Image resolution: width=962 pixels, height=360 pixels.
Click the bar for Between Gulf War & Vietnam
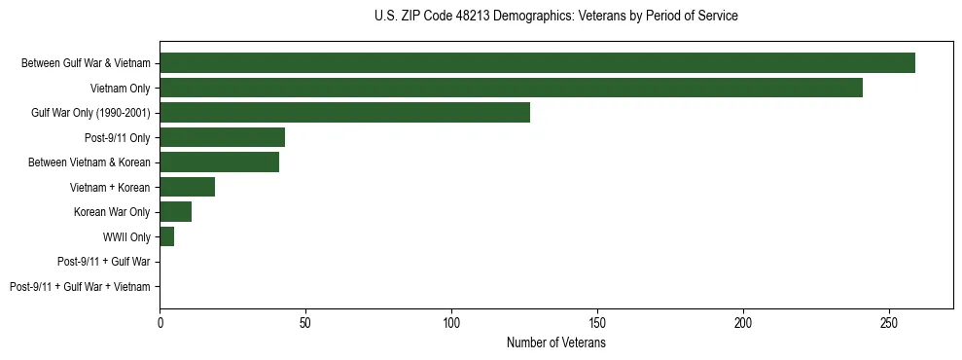pyautogui.click(x=537, y=63)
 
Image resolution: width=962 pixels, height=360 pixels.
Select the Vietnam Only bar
pyautogui.click(x=511, y=89)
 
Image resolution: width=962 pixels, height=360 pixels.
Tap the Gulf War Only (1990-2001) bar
pyautogui.click(x=344, y=113)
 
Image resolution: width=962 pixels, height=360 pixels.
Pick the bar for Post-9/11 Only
pyautogui.click(x=222, y=137)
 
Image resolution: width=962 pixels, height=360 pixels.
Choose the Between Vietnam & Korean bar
pyautogui.click(x=219, y=162)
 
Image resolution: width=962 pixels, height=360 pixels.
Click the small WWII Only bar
pyautogui.click(x=166, y=236)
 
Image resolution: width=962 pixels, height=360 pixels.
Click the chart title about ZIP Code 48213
pyautogui.click(x=555, y=17)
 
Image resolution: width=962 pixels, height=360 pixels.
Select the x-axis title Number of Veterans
pyautogui.click(x=555, y=342)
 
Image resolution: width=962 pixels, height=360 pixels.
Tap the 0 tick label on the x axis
pyautogui.click(x=160, y=322)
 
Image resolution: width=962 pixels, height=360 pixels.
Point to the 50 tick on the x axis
pyautogui.click(x=305, y=322)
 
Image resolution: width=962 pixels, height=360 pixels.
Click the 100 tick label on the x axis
pyautogui.click(x=451, y=322)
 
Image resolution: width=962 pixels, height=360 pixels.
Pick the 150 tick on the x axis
pyautogui.click(x=597, y=322)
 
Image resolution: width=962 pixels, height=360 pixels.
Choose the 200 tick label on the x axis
pyautogui.click(x=743, y=322)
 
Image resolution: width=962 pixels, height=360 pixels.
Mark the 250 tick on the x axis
pyautogui.click(x=889, y=322)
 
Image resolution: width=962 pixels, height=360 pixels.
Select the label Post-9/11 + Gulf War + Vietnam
pyautogui.click(x=80, y=286)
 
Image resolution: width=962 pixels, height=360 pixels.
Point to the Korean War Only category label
pyautogui.click(x=112, y=212)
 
